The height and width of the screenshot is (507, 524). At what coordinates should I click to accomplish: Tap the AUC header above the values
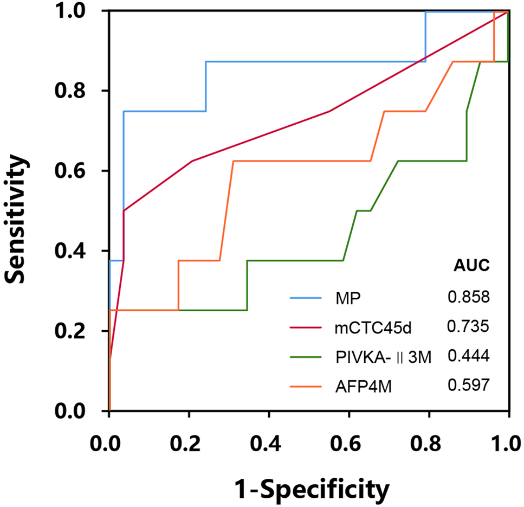[471, 266]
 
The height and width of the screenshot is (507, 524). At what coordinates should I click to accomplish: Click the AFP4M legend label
[359, 385]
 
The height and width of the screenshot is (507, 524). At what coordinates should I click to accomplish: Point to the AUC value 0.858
[469, 297]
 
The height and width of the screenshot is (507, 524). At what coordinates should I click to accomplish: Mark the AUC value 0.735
[469, 326]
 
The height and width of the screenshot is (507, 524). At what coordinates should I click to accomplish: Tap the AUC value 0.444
[469, 355]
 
